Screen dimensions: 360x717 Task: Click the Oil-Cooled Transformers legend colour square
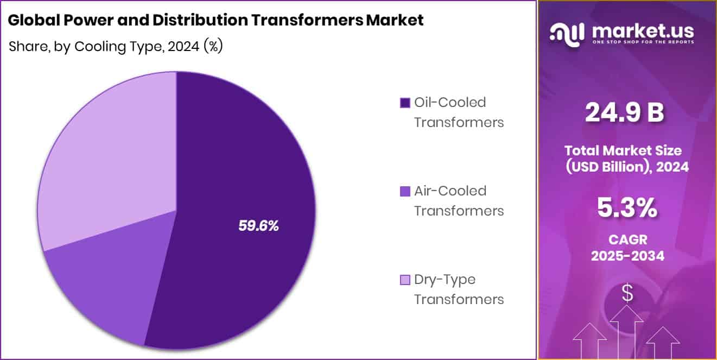tap(404, 103)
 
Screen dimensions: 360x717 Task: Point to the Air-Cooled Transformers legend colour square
tap(404, 191)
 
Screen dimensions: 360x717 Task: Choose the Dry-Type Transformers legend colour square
tap(404, 280)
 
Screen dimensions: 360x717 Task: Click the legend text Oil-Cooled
tap(450, 102)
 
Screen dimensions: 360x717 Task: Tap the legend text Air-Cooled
tap(450, 191)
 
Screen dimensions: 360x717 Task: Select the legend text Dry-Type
tap(445, 280)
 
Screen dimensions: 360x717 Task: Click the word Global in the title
tap(30, 21)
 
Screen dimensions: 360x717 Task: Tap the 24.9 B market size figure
tap(625, 112)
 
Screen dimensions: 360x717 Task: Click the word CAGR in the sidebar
tap(627, 239)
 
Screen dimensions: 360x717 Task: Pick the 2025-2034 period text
tap(627, 256)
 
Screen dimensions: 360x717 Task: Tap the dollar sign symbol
tap(627, 294)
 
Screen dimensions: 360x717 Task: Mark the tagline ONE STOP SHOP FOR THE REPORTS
tap(643, 41)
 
